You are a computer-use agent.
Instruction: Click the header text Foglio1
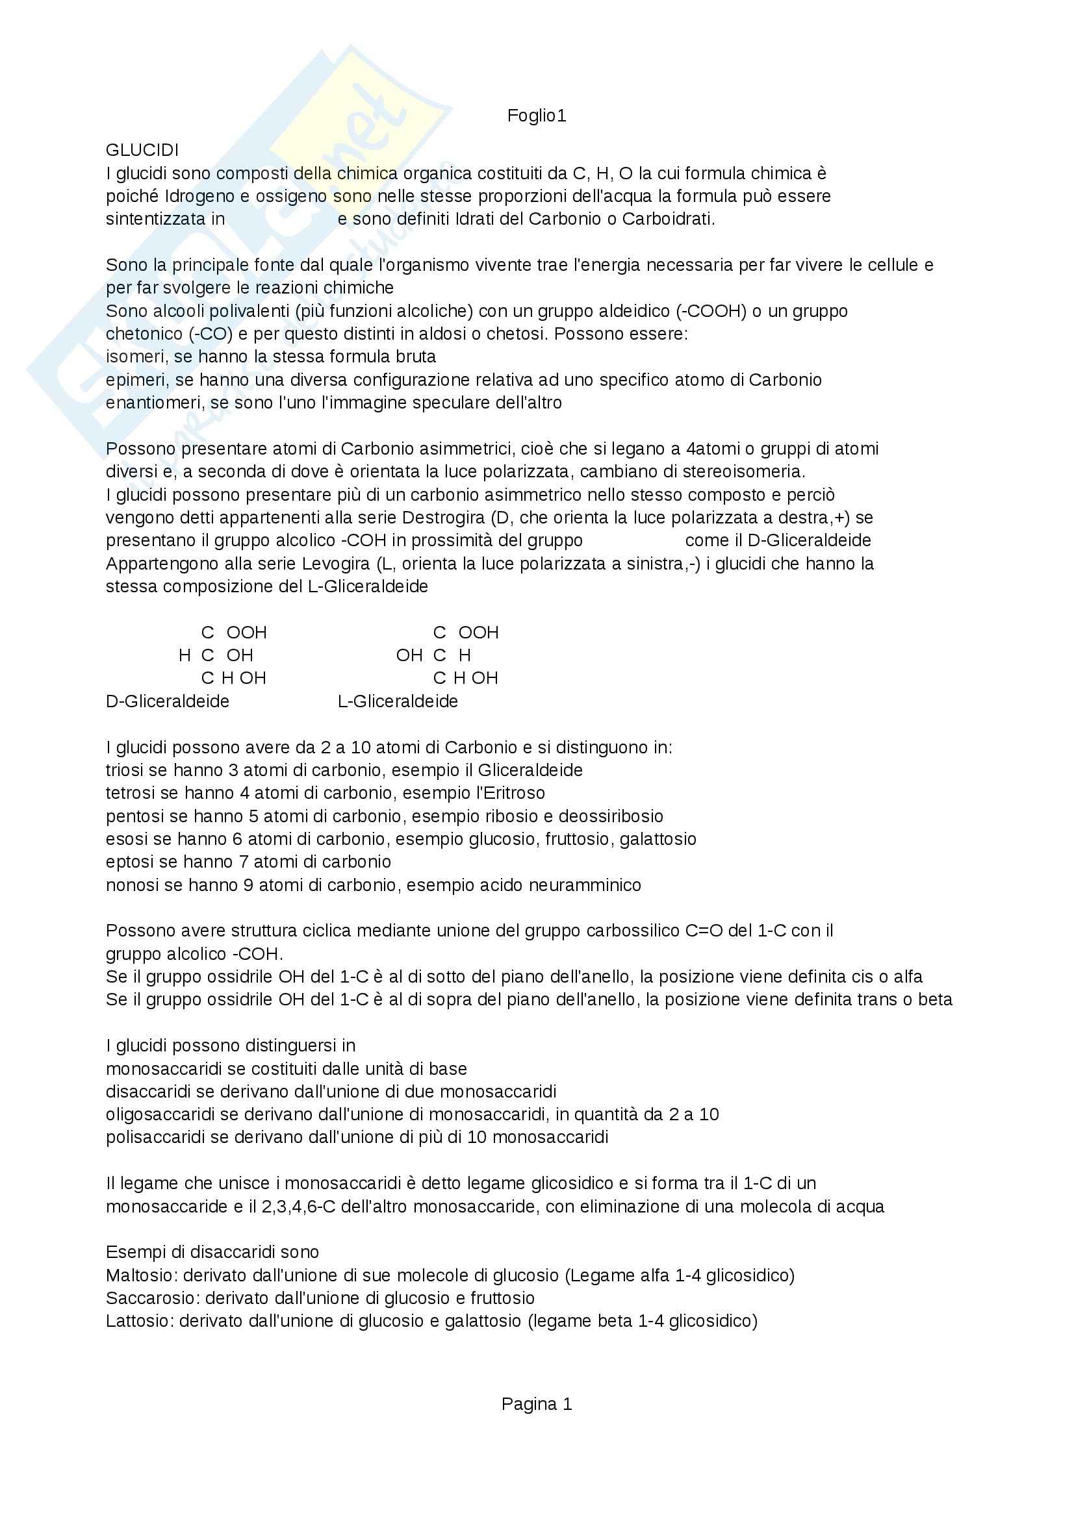tap(536, 116)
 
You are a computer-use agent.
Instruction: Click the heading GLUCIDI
tap(142, 151)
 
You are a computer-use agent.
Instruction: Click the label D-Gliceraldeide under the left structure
tap(168, 701)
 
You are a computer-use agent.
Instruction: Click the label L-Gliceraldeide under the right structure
tap(397, 701)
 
